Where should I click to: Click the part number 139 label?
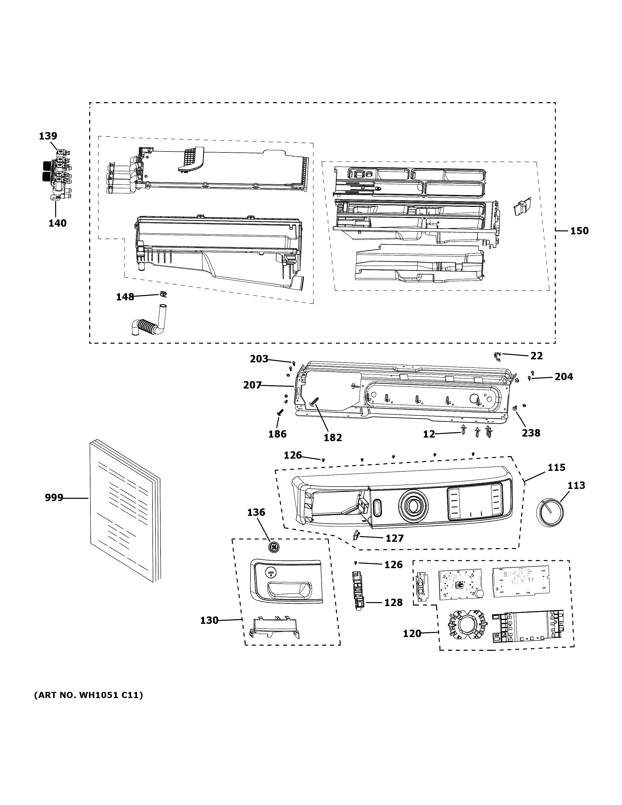tap(48, 136)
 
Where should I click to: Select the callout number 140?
tap(57, 223)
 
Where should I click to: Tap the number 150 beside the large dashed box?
tap(579, 231)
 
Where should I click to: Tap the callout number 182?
tap(333, 438)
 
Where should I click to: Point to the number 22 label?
tap(537, 356)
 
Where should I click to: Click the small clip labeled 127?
tap(356, 534)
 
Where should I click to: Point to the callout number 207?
tap(252, 385)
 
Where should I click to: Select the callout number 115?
tap(556, 467)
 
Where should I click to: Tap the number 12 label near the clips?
tap(429, 434)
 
